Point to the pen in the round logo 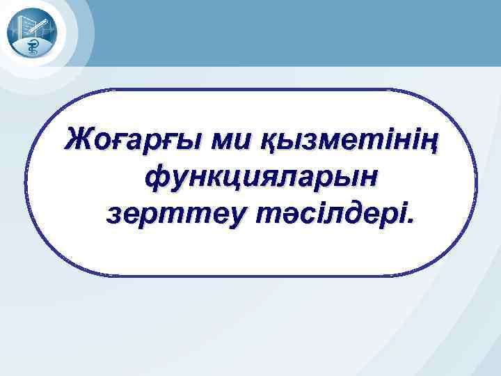(41, 26)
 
